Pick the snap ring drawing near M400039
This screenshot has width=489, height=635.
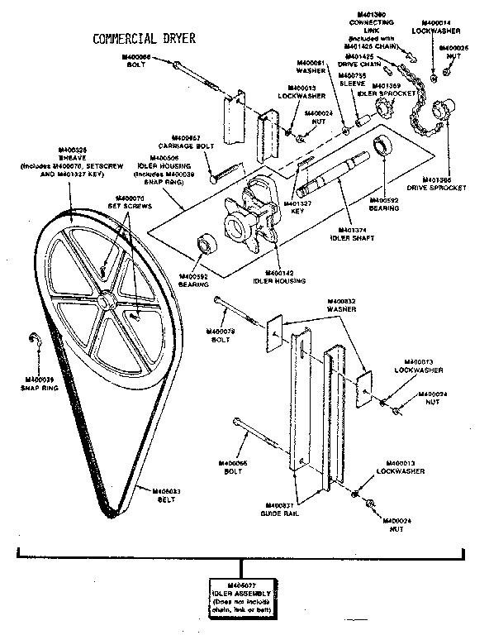click(x=34, y=340)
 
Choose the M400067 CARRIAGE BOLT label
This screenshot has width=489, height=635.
click(x=192, y=143)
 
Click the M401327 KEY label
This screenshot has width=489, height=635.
click(x=296, y=206)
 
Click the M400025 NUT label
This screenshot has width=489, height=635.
click(x=453, y=52)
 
